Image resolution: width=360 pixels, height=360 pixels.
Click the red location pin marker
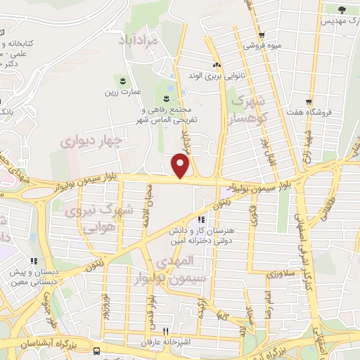(x=181, y=166)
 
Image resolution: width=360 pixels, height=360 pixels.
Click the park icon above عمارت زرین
(x=124, y=80)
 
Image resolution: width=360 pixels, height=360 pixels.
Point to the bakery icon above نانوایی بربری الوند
(x=217, y=64)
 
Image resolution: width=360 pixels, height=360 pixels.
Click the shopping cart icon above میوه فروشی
(x=262, y=35)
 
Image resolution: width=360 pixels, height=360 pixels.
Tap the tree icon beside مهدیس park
(x=342, y=10)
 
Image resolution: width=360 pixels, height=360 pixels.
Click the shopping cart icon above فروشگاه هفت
(x=308, y=100)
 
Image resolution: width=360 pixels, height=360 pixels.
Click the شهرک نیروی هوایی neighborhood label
(x=98, y=219)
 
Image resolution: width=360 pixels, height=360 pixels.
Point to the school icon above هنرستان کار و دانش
(x=202, y=219)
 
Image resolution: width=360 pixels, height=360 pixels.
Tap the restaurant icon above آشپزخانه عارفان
(x=166, y=331)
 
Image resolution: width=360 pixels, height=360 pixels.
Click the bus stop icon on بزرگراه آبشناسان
(x=96, y=351)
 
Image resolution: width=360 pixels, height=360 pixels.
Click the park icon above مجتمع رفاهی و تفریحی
(x=167, y=98)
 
